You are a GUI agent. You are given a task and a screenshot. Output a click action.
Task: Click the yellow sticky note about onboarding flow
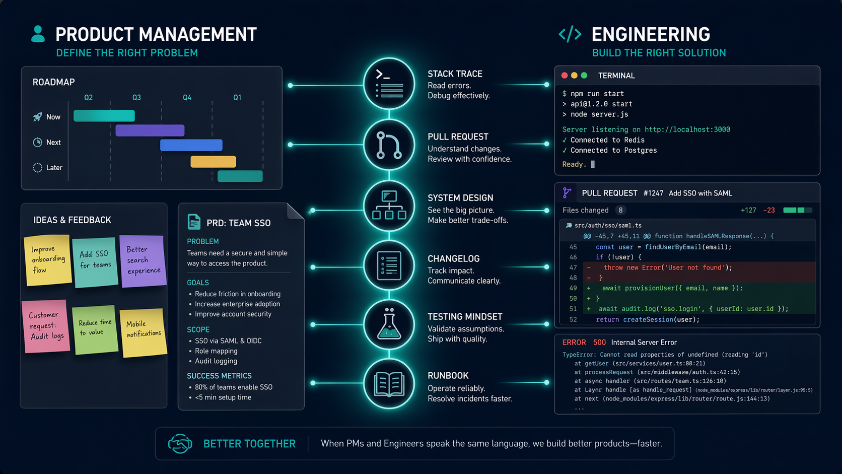48,260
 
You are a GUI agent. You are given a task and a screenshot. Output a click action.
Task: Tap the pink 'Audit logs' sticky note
46,326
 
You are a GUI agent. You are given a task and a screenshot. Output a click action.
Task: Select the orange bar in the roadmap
213,162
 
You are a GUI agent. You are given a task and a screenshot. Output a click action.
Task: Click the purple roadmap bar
150,130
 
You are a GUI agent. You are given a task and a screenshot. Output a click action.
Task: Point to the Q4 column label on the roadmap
187,98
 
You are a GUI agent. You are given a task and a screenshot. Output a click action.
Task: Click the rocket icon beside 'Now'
38,117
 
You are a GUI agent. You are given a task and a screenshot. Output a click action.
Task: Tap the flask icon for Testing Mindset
389,324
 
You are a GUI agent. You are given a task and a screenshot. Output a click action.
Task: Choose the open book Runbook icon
389,384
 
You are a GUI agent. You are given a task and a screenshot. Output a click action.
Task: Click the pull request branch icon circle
389,145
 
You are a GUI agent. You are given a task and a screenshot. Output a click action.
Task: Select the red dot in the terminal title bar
564,76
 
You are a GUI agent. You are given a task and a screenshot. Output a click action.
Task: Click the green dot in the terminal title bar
584,76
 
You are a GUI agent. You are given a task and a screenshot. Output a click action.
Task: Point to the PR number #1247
653,193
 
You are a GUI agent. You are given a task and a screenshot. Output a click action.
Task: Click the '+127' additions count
748,210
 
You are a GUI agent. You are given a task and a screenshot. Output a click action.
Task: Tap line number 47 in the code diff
573,267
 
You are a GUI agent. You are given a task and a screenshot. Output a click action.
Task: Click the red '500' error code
599,343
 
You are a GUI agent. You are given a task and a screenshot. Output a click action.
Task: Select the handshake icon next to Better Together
180,444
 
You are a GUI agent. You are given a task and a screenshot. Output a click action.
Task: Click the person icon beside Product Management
38,34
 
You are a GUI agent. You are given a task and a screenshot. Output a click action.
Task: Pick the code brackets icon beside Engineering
570,34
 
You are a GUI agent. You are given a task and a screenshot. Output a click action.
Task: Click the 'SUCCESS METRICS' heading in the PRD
219,376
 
